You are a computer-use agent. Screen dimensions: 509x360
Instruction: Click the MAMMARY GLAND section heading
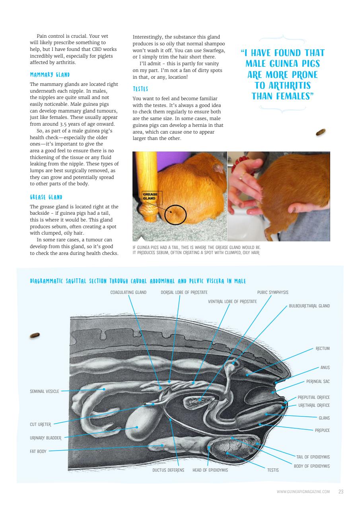[x=50, y=74]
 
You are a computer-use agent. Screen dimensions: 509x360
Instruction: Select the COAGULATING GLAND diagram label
[x=128, y=292]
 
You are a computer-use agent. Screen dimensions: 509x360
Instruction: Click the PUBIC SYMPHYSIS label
[x=272, y=292]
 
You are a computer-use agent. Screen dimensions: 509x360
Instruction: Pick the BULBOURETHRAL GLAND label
[x=309, y=306]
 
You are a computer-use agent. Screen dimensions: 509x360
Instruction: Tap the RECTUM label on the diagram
[x=323, y=348]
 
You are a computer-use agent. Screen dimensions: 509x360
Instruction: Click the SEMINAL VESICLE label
[x=44, y=391]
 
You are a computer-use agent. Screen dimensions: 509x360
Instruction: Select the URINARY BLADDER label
[x=46, y=438]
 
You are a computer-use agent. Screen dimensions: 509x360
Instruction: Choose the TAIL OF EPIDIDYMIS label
[x=313, y=457]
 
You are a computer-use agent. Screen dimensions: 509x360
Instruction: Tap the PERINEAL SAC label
[x=318, y=381]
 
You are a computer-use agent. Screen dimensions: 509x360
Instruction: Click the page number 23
[x=341, y=492]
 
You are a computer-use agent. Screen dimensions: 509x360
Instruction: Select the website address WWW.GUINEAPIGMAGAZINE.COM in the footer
[x=303, y=492]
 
